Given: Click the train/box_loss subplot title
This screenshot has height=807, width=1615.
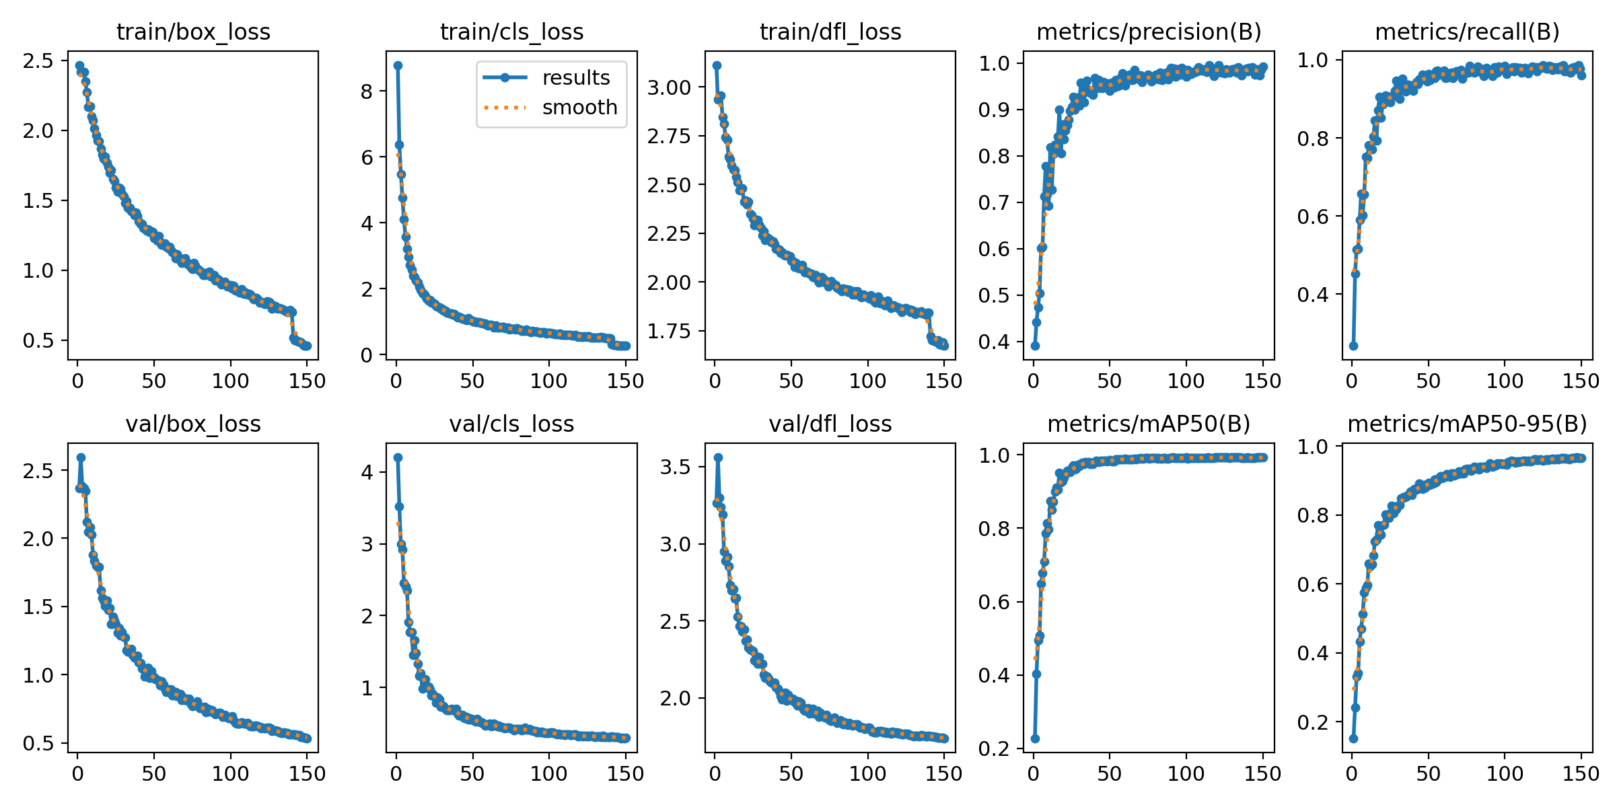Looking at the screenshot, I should click(193, 32).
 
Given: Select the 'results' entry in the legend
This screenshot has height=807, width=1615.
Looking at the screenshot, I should click(575, 77).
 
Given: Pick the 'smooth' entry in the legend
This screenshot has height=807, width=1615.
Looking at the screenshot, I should click(579, 108).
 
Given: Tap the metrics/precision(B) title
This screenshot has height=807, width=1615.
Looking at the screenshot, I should click(1149, 32).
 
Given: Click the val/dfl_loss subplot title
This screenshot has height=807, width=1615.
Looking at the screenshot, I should click(830, 424).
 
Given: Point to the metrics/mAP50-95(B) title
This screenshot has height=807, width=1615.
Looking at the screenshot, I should click(1467, 424).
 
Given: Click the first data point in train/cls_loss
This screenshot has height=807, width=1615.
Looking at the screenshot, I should click(398, 65).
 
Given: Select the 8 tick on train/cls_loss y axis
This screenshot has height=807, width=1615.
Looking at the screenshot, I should click(367, 91).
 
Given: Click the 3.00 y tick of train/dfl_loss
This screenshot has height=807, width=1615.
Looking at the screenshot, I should click(669, 87).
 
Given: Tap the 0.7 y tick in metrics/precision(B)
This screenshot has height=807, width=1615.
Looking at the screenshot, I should click(995, 202).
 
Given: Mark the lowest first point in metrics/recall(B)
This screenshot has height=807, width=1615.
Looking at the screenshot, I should click(1353, 346).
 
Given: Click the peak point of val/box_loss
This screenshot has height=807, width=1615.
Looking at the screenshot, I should click(81, 457).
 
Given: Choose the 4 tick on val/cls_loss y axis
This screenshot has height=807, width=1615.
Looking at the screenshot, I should click(367, 472).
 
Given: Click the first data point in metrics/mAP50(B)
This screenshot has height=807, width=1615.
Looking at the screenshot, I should click(1035, 738).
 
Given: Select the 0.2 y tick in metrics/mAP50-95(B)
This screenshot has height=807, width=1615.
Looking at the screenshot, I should click(1314, 722).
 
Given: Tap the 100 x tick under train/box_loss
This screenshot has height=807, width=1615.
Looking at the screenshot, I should click(230, 381).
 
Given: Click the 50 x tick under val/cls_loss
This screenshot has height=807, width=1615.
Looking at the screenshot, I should click(472, 773).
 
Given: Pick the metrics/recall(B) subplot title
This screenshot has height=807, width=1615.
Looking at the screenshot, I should click(1467, 32).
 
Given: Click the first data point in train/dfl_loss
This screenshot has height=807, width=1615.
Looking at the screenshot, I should click(717, 65).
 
